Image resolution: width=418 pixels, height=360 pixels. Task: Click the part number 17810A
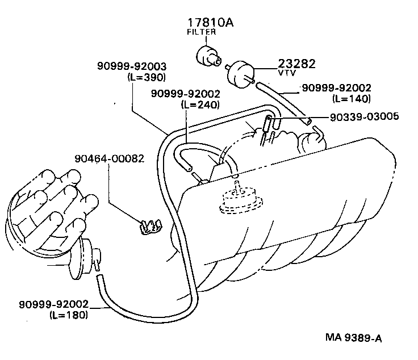pyautogui.click(x=211, y=23)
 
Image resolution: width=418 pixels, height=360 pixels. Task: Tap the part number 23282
pyautogui.click(x=296, y=64)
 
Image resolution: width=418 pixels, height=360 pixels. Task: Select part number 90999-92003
pyautogui.click(x=131, y=67)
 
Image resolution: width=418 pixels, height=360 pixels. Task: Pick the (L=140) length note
pyautogui.click(x=352, y=98)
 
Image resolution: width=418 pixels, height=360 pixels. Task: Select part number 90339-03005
pyautogui.click(x=364, y=116)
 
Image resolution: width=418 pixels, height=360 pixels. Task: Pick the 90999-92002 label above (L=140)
pyautogui.click(x=336, y=88)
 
